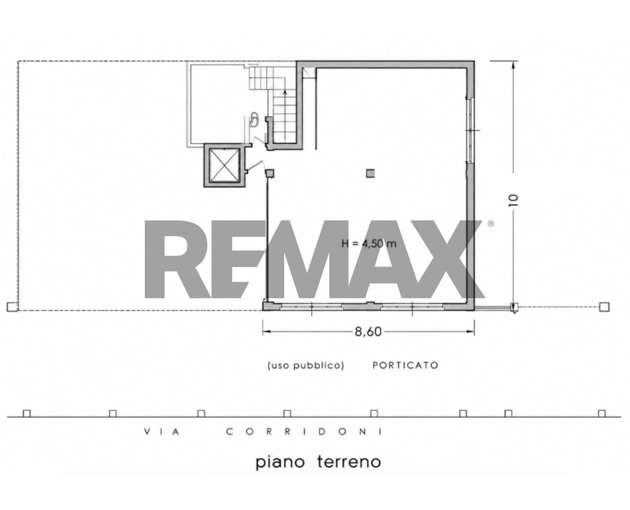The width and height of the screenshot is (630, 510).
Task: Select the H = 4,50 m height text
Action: [369, 244]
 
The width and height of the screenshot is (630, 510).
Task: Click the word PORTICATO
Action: [405, 365]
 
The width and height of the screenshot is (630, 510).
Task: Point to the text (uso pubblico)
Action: [306, 365]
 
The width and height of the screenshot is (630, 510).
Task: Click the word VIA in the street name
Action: [162, 432]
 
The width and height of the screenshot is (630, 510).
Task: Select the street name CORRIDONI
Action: [305, 432]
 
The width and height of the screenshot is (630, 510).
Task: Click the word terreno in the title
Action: [349, 471]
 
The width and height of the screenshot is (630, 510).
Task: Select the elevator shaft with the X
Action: [224, 165]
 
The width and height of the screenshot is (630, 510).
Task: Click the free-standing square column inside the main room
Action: [371, 174]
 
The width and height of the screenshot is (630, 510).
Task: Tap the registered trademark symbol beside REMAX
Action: [491, 224]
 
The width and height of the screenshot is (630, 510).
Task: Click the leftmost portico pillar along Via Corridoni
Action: [27, 413]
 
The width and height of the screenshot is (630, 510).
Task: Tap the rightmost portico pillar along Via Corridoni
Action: [602, 413]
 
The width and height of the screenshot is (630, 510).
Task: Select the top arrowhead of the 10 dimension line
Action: [513, 66]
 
